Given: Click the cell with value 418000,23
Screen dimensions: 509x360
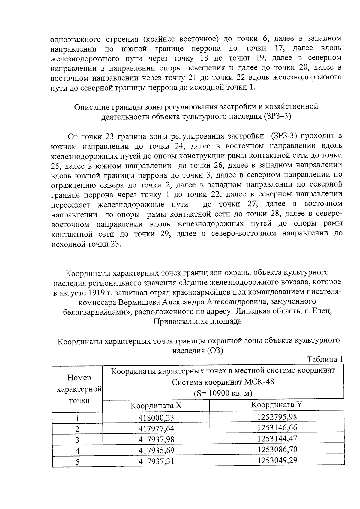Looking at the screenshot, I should coord(156,418).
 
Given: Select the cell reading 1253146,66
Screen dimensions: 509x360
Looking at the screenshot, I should coord(277,427).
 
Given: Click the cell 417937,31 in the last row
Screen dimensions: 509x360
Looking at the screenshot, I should coord(156,461).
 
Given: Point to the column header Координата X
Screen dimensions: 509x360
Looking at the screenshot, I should coord(156,406).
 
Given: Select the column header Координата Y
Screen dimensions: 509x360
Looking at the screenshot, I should coord(276,405).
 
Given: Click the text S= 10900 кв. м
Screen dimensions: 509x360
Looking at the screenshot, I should coord(223,393).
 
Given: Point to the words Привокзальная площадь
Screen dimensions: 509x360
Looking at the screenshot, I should coord(197,322).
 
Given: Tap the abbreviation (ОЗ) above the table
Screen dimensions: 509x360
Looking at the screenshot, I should coord(215,350).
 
